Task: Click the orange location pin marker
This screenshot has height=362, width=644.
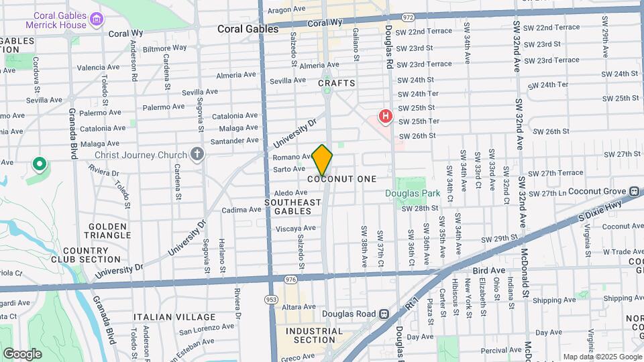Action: (x=322, y=160)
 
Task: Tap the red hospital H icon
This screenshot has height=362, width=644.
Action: (x=385, y=117)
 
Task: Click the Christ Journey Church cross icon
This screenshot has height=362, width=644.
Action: (x=197, y=155)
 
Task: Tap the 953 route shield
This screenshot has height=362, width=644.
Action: (x=271, y=299)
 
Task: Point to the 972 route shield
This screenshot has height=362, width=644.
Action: (x=407, y=15)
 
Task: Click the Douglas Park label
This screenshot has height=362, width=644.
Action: (x=413, y=194)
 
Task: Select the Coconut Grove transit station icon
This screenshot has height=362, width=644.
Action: (x=634, y=190)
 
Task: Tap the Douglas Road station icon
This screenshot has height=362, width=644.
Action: (x=383, y=313)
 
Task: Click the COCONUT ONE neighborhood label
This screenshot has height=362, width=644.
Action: (x=342, y=179)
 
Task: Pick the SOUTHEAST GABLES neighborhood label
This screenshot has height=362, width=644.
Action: (x=292, y=206)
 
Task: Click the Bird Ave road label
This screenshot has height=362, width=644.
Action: (x=488, y=269)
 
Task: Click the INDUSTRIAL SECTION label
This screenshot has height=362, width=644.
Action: (x=310, y=335)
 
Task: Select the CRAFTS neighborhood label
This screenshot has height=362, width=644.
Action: (x=336, y=83)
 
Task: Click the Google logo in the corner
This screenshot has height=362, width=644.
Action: (x=22, y=353)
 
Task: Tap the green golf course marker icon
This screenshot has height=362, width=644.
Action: (x=40, y=164)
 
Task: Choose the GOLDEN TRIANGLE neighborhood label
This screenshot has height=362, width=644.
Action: (x=107, y=231)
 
